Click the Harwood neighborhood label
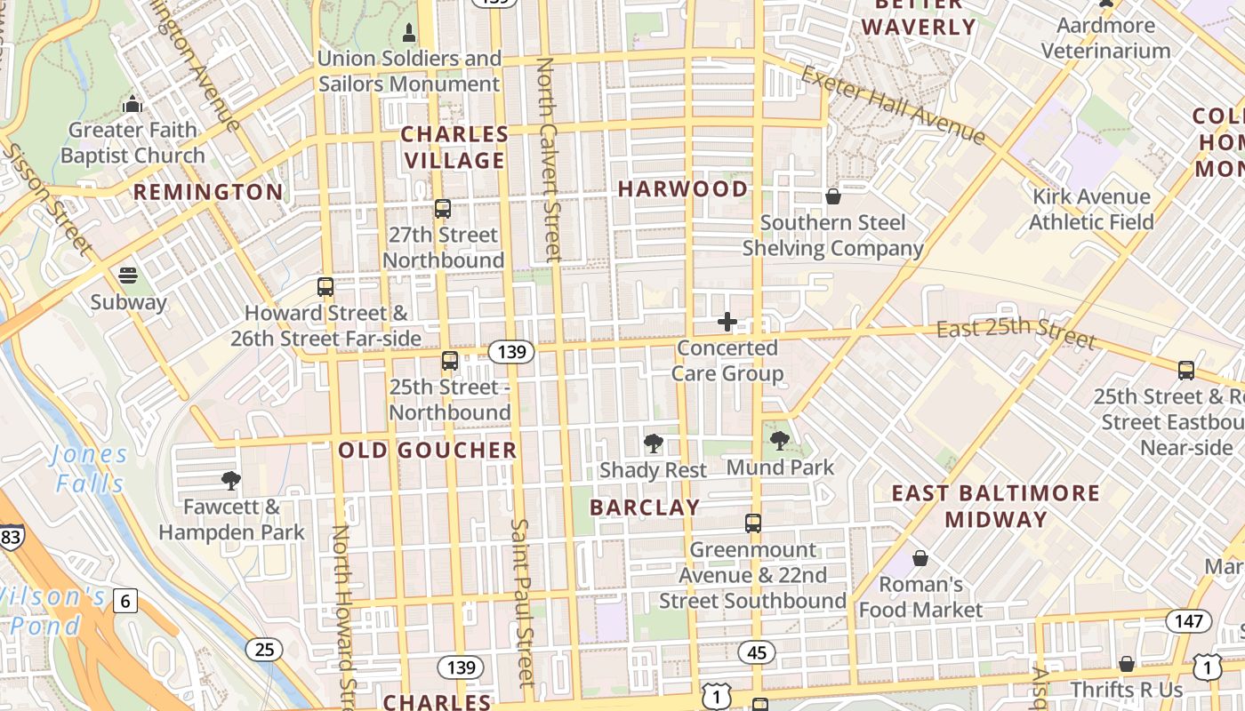click(683, 188)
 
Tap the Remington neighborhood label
click(208, 192)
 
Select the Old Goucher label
click(428, 451)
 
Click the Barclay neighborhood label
click(645, 507)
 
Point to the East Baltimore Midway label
click(996, 506)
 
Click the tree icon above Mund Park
click(780, 440)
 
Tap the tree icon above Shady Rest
click(654, 443)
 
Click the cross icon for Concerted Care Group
click(727, 322)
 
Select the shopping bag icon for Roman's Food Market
click(920, 558)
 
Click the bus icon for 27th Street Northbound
click(443, 209)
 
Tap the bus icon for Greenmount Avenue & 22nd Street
click(753, 523)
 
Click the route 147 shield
click(1188, 621)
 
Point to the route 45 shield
click(757, 653)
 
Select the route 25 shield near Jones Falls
click(264, 650)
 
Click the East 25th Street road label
click(1016, 332)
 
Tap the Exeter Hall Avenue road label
click(894, 105)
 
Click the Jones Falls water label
click(89, 468)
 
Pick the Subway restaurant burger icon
click(128, 275)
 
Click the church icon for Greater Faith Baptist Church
click(133, 104)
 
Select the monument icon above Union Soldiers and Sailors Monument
click(409, 34)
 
